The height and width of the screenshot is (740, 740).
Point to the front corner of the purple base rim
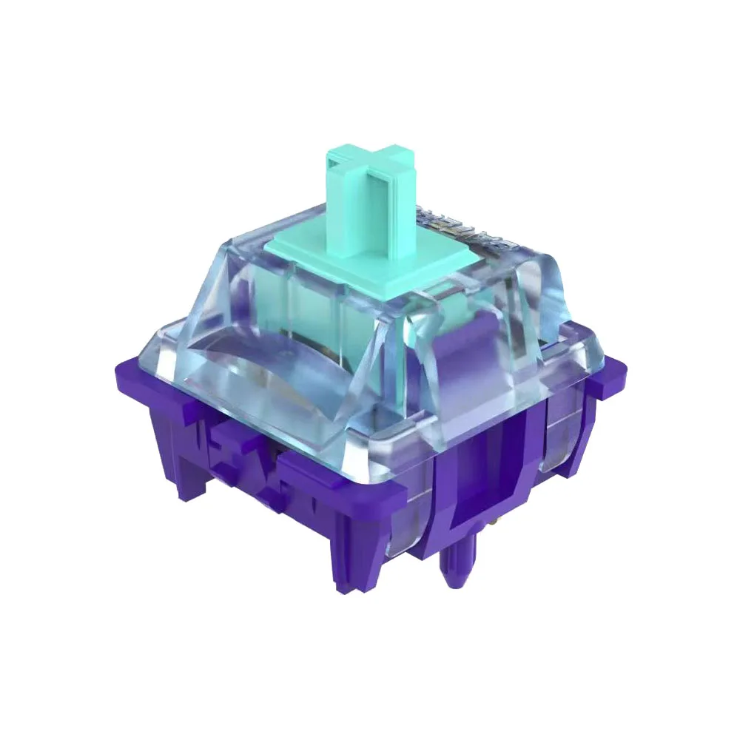400,488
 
